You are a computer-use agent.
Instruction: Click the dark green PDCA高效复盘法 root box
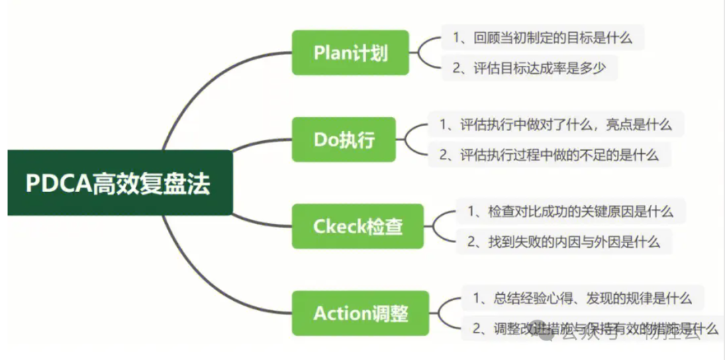click(x=120, y=183)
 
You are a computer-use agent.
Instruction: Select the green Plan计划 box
click(x=350, y=52)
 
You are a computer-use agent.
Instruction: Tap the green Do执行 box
click(x=344, y=139)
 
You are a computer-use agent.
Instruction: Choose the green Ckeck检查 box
click(x=358, y=226)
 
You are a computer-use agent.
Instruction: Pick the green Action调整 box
click(x=360, y=313)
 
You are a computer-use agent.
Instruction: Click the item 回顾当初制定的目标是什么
click(x=542, y=38)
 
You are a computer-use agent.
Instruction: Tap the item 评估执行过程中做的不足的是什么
click(x=549, y=155)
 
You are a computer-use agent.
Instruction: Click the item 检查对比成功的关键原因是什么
click(x=570, y=211)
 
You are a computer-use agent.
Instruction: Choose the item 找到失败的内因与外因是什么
click(x=564, y=242)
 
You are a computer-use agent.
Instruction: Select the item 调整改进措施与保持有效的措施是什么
click(x=595, y=328)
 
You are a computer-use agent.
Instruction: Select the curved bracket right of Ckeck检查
click(x=440, y=226)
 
